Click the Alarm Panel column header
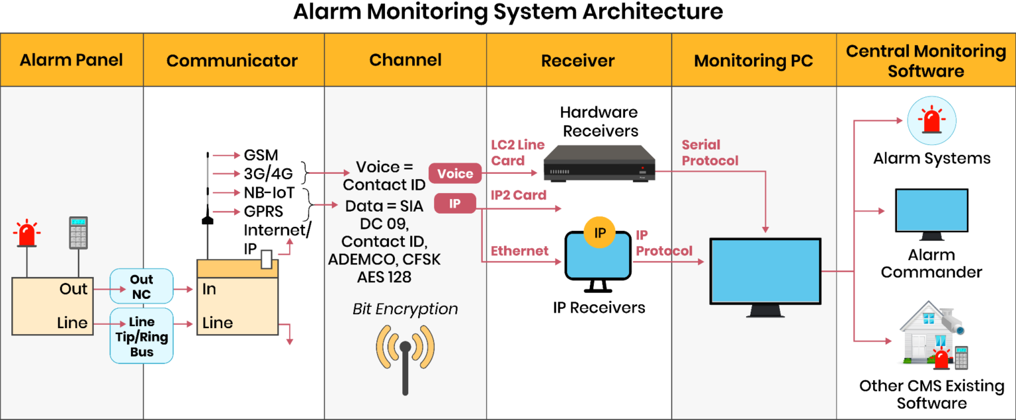pyautogui.click(x=71, y=60)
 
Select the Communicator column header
pyautogui.click(x=232, y=61)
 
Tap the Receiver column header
pyautogui.click(x=577, y=61)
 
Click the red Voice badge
pyautogui.click(x=455, y=174)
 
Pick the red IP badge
pyautogui.click(x=454, y=204)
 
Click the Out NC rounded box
pyautogui.click(x=142, y=286)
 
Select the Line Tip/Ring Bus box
pyautogui.click(x=142, y=337)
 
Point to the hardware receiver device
pyautogui.click(x=599, y=163)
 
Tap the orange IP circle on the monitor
pyautogui.click(x=600, y=233)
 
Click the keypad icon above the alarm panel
pyautogui.click(x=79, y=232)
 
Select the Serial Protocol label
pyautogui.click(x=710, y=153)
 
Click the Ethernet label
pyautogui.click(x=519, y=251)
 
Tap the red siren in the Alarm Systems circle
pyautogui.click(x=931, y=121)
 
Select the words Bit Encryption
pyautogui.click(x=405, y=309)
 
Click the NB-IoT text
pyautogui.click(x=269, y=193)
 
